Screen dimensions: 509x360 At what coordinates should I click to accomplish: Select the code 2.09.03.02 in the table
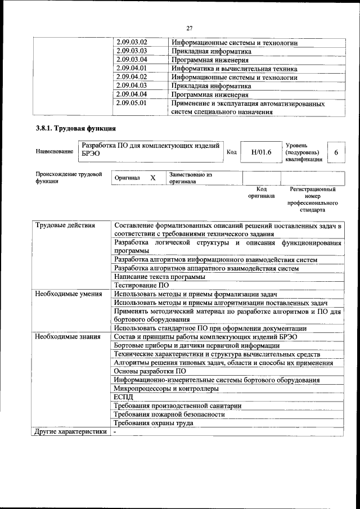[x=131, y=43]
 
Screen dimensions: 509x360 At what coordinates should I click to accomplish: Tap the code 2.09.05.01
[x=131, y=103]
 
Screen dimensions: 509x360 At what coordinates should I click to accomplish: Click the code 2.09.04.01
[x=131, y=69]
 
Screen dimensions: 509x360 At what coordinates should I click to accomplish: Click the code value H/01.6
[x=261, y=152]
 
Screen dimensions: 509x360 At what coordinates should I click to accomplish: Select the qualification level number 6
[x=336, y=152]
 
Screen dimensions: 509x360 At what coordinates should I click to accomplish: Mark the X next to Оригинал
[x=152, y=178]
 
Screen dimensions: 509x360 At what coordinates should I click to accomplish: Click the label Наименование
[x=54, y=152]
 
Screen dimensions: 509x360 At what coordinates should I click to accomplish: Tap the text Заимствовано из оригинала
[x=190, y=178]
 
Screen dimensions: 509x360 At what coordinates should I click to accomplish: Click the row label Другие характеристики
[x=70, y=432]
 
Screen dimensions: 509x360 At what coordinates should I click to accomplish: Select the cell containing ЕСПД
[x=124, y=397]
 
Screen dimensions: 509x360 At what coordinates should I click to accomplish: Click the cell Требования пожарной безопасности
[x=169, y=414]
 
